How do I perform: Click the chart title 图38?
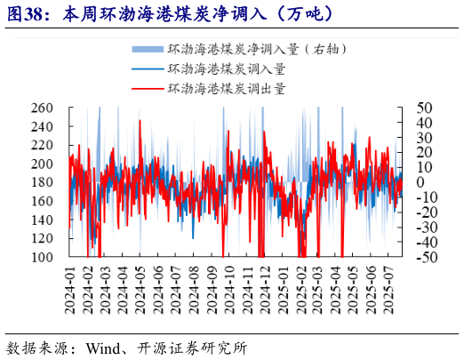point(28,12)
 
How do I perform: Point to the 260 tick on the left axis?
point(55,108)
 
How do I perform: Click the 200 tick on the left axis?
point(55,164)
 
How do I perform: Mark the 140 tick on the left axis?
point(55,220)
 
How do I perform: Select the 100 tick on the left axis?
point(55,257)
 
